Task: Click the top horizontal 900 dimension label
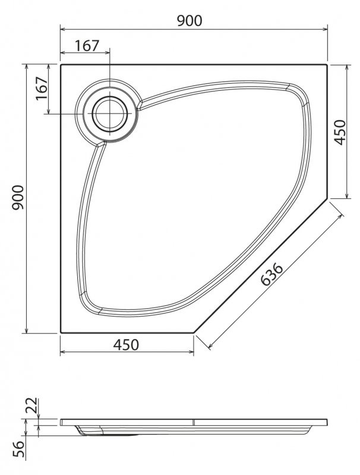point(190,20)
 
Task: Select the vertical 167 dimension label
point(42,89)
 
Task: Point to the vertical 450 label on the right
point(339,132)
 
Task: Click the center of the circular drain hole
point(109,113)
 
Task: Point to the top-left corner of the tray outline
point(61,65)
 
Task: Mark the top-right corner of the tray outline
point(327,65)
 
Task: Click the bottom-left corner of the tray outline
point(61,332)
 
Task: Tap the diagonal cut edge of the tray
point(261,266)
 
